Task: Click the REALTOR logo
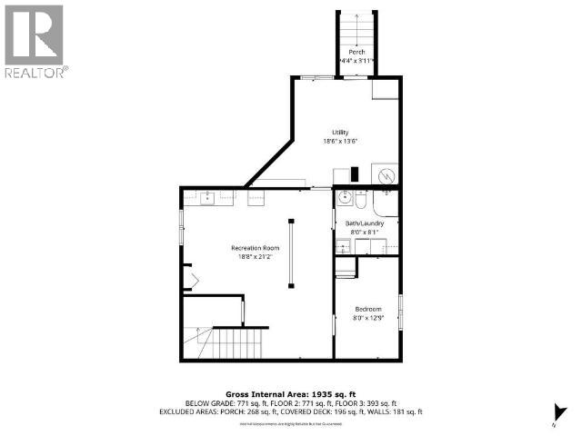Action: (x=35, y=40)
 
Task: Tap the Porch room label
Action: (x=356, y=53)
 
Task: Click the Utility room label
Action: (x=340, y=133)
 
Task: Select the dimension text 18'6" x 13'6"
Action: (x=340, y=142)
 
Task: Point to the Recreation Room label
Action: (x=255, y=248)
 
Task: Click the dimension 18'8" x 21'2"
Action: (x=255, y=257)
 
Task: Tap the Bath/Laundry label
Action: (x=365, y=223)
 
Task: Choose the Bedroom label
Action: (x=367, y=310)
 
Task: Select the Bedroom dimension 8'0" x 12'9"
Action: (x=367, y=319)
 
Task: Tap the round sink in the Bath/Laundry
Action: (x=345, y=198)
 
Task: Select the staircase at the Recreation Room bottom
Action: (x=237, y=344)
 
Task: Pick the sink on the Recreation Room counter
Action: (x=206, y=196)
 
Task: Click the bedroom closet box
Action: (x=346, y=268)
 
